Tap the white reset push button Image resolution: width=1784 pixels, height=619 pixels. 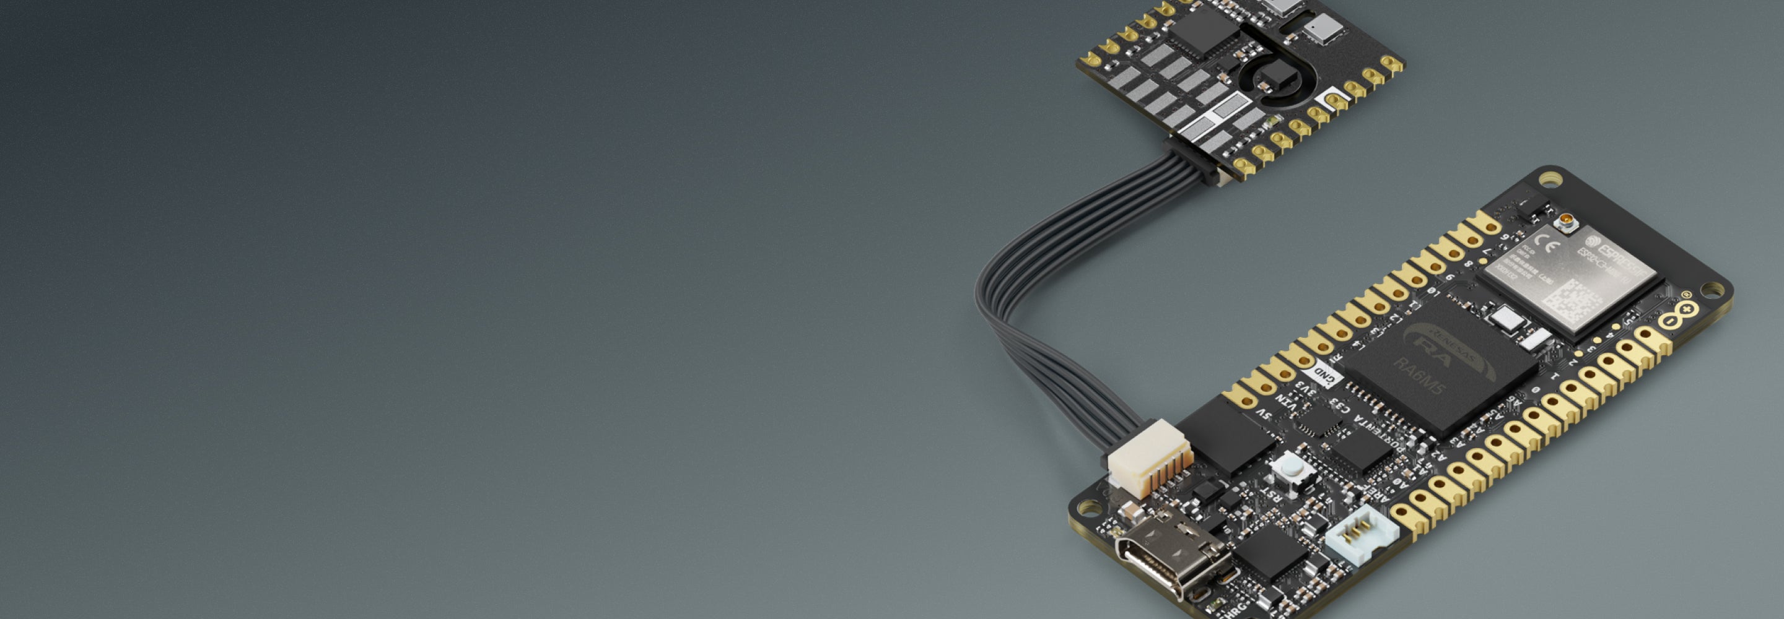(1293, 470)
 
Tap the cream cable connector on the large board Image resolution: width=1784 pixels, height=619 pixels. (1150, 457)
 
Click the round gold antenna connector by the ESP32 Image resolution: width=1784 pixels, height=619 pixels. (1566, 222)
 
